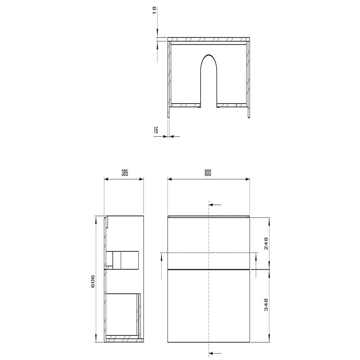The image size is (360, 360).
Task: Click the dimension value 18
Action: pyautogui.click(x=154, y=10)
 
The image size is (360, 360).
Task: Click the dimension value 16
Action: pyautogui.click(x=156, y=130)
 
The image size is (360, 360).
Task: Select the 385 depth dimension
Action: pyautogui.click(x=125, y=173)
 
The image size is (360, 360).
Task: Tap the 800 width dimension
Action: pyautogui.click(x=208, y=173)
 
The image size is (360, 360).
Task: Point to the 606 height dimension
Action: pyautogui.click(x=93, y=281)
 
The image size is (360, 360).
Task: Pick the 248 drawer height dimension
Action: pyautogui.click(x=266, y=244)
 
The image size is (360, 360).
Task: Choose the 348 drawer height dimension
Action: pyautogui.click(x=266, y=305)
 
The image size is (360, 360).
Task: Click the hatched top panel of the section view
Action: pyautogui.click(x=209, y=39)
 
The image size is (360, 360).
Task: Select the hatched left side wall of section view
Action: pyautogui.click(x=170, y=80)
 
